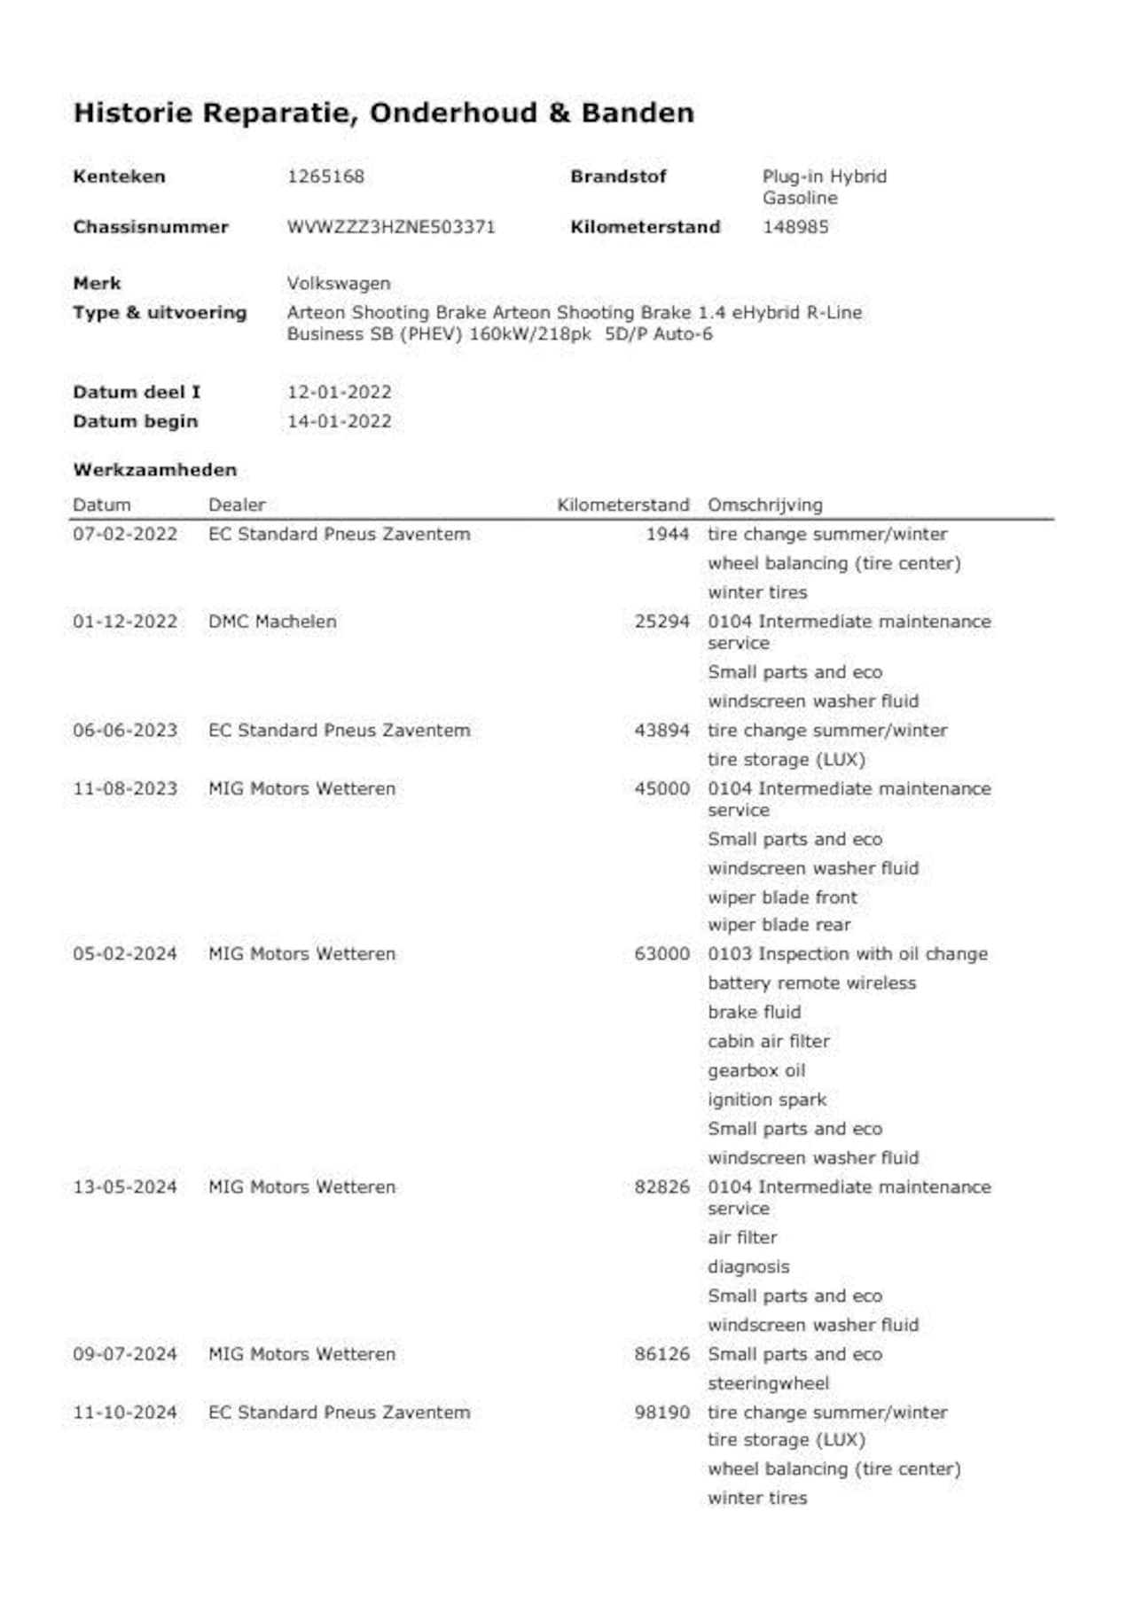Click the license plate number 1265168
point(325,176)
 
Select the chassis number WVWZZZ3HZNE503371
point(390,227)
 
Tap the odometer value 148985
point(795,227)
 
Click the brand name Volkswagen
point(338,284)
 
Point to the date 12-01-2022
point(339,392)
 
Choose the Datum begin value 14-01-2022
point(339,421)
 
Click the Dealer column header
point(237,505)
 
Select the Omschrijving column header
point(764,505)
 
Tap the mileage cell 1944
point(667,534)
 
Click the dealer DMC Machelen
point(272,622)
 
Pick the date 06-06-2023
point(125,731)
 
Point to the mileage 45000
point(661,788)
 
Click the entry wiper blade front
point(782,897)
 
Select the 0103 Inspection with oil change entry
point(847,954)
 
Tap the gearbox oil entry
point(756,1070)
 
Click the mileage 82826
point(661,1186)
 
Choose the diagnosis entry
point(748,1266)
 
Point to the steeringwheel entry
point(768,1383)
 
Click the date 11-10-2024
point(125,1412)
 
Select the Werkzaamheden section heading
point(155,470)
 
